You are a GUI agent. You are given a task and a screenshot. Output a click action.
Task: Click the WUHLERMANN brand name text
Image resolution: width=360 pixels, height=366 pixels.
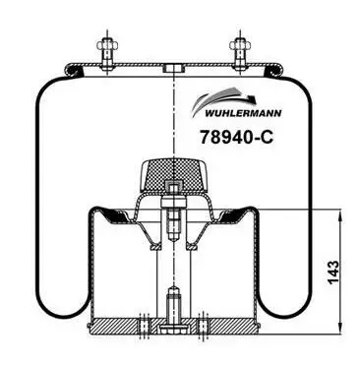click(x=243, y=113)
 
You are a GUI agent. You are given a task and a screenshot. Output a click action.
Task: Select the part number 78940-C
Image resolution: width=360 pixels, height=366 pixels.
click(x=236, y=137)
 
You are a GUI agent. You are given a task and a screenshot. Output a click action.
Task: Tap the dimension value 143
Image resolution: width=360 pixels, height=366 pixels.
click(x=333, y=273)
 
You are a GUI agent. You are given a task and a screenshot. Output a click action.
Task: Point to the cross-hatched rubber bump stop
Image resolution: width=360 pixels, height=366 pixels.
click(x=173, y=175)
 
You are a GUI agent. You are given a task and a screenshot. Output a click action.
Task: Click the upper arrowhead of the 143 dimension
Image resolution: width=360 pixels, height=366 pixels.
click(x=341, y=216)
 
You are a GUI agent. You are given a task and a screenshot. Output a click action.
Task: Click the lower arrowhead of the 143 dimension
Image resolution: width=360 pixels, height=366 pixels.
click(x=341, y=328)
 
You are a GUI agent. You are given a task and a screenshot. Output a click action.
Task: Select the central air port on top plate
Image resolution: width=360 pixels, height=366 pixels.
click(x=173, y=69)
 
